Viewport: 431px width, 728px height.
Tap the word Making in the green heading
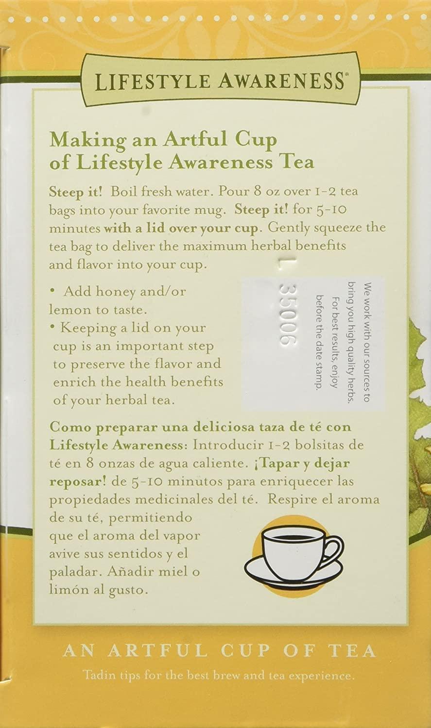point(85,141)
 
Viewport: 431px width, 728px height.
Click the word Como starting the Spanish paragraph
point(69,427)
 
